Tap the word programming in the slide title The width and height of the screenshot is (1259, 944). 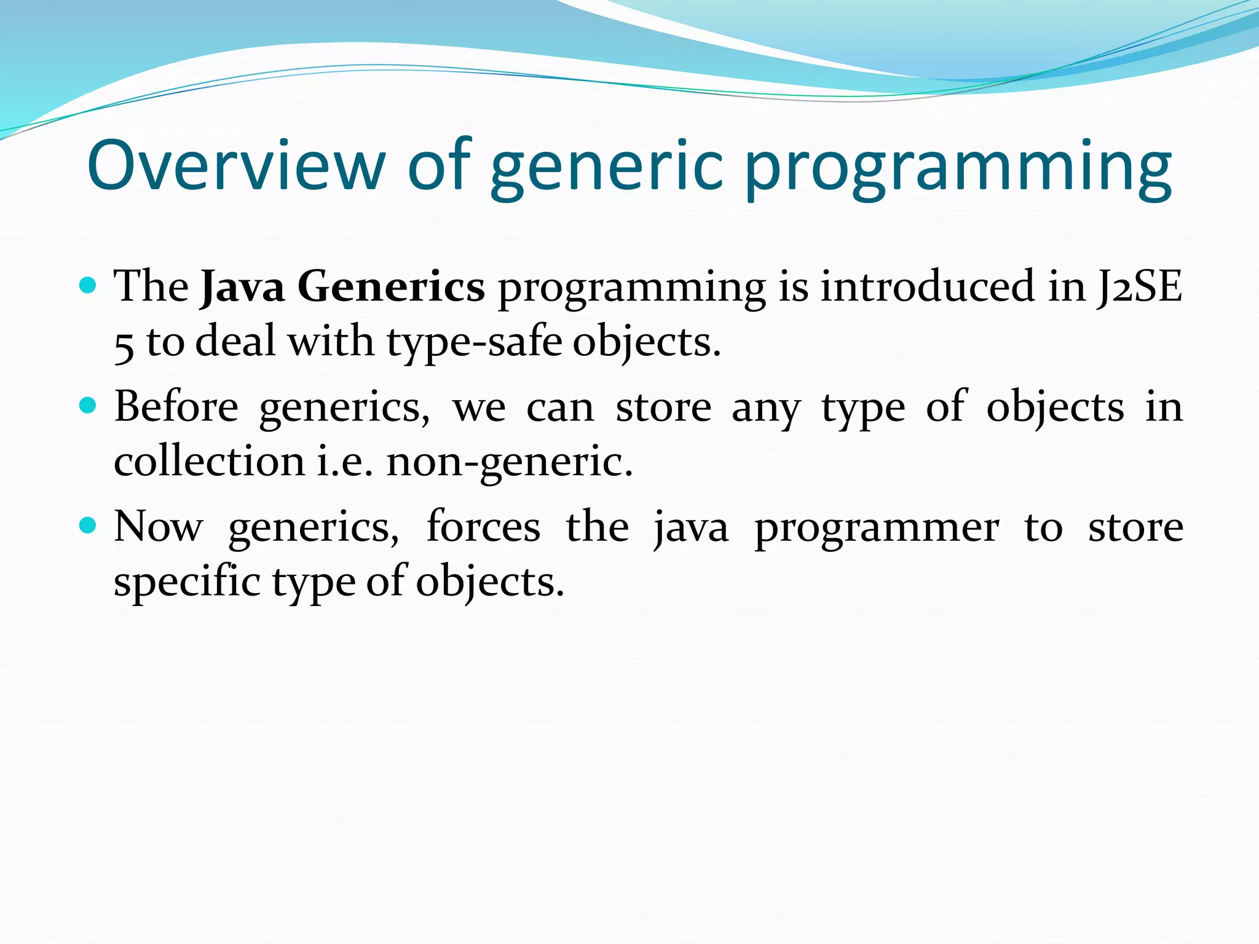pyautogui.click(x=957, y=167)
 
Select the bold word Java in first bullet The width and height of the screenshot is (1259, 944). pyautogui.click(x=243, y=286)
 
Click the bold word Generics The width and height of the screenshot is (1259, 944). pyautogui.click(x=391, y=286)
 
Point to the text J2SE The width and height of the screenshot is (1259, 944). pyautogui.click(x=1139, y=286)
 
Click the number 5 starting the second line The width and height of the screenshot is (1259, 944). pyautogui.click(x=124, y=344)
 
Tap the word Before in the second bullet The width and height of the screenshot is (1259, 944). pyautogui.click(x=176, y=407)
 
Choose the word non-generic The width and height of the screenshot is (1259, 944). pyautogui.click(x=509, y=462)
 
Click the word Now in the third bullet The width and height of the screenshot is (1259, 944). pyautogui.click(x=158, y=527)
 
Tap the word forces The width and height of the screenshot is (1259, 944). pyautogui.click(x=483, y=527)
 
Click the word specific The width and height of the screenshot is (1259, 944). pyautogui.click(x=187, y=581)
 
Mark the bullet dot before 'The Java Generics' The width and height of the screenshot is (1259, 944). pyautogui.click(x=89, y=286)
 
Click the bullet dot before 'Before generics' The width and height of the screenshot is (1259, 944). pyautogui.click(x=89, y=406)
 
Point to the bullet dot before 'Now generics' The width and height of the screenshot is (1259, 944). pyautogui.click(x=89, y=525)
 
